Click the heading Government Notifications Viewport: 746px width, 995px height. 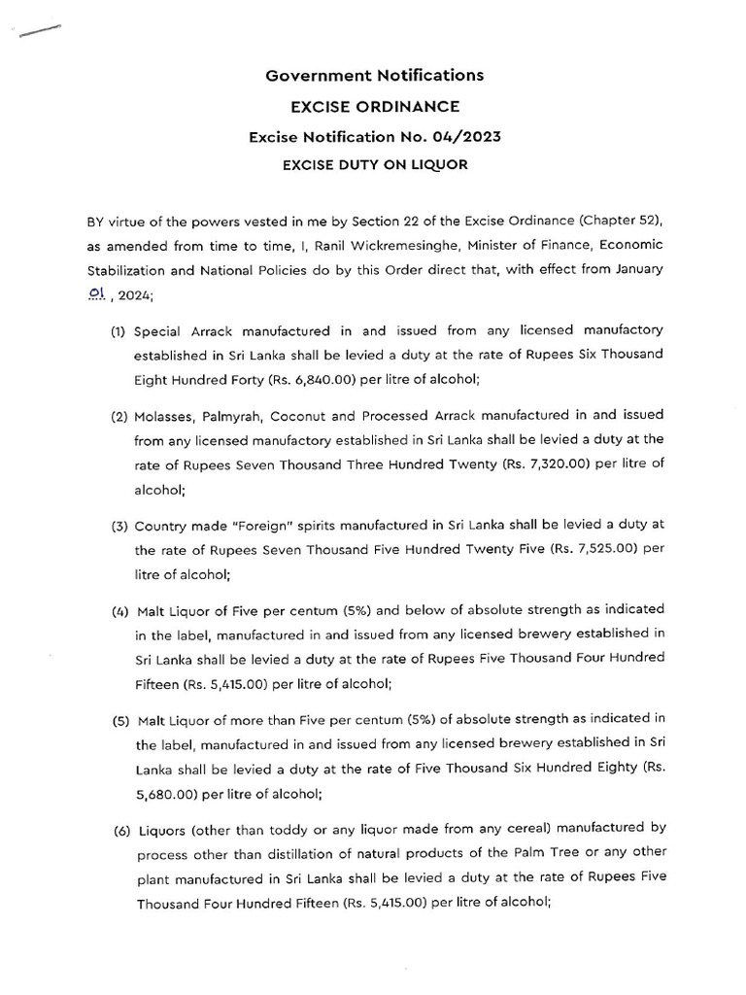point(374,75)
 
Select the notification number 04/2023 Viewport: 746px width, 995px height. point(470,137)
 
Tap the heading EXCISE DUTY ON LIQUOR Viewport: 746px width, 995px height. point(374,165)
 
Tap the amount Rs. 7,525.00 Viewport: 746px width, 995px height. point(587,548)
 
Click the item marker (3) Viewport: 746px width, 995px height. point(119,525)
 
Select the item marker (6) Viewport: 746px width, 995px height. point(119,828)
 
